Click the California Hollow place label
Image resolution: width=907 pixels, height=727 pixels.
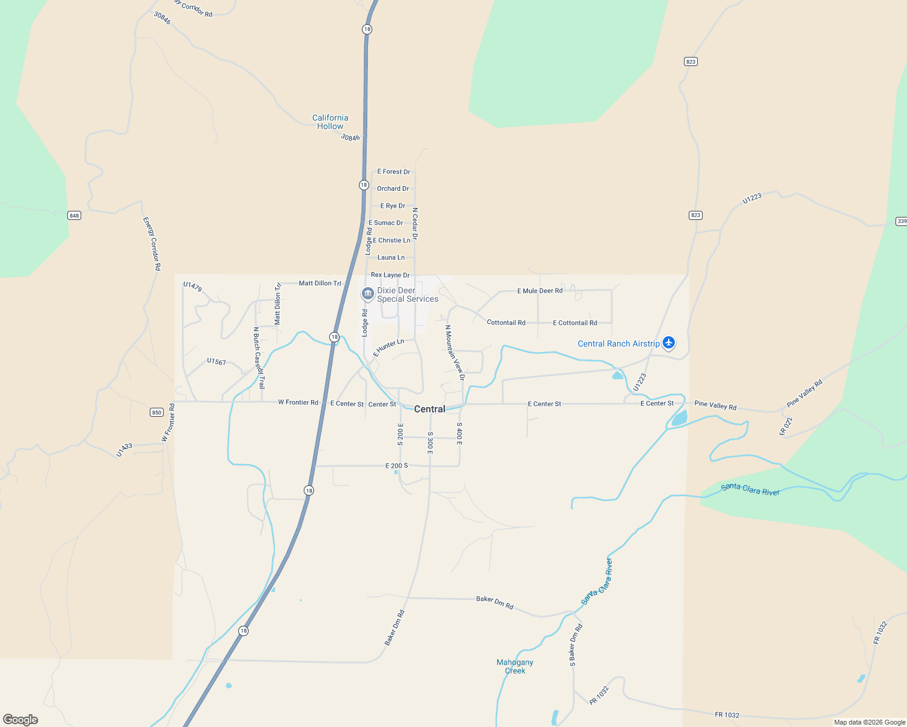pyautogui.click(x=330, y=122)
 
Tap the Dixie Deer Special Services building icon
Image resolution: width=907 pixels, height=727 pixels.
pyautogui.click(x=367, y=294)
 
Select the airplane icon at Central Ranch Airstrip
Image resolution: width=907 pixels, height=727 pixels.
pyautogui.click(x=669, y=344)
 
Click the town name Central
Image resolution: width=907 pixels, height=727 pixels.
pyautogui.click(x=429, y=410)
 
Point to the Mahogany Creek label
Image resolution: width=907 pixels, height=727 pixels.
pyautogui.click(x=515, y=666)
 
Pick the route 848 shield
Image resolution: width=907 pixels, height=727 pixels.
pyautogui.click(x=74, y=216)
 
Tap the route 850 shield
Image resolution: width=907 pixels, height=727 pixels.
pyautogui.click(x=156, y=413)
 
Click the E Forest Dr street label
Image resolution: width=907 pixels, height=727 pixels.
pyautogui.click(x=393, y=172)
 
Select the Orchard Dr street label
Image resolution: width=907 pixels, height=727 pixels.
pyautogui.click(x=393, y=189)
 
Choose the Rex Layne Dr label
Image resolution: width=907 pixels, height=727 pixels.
pyautogui.click(x=390, y=275)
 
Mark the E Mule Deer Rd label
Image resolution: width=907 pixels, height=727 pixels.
pyautogui.click(x=540, y=291)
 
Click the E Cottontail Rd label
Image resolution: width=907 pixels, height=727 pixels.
pyautogui.click(x=575, y=323)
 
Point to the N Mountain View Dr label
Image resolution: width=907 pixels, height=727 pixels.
pyautogui.click(x=455, y=353)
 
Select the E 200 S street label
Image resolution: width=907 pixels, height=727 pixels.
pyautogui.click(x=397, y=466)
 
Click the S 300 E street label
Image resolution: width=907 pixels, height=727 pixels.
pyautogui.click(x=430, y=443)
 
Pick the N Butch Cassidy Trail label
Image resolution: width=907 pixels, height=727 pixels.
pyautogui.click(x=259, y=357)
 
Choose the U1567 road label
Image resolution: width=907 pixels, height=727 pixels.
pyautogui.click(x=216, y=362)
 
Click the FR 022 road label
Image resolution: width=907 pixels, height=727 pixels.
pyautogui.click(x=786, y=426)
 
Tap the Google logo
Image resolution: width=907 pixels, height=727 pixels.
pyautogui.click(x=21, y=720)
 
